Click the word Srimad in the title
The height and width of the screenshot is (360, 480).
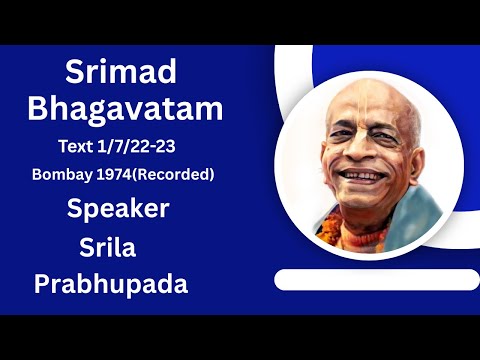click(x=120, y=72)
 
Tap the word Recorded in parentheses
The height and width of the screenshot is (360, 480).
click(x=176, y=174)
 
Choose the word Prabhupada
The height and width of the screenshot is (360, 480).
click(x=111, y=283)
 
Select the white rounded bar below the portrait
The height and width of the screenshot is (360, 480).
click(x=369, y=280)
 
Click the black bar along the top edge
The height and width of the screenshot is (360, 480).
click(x=240, y=21)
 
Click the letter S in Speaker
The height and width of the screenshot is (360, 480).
click(x=76, y=210)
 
